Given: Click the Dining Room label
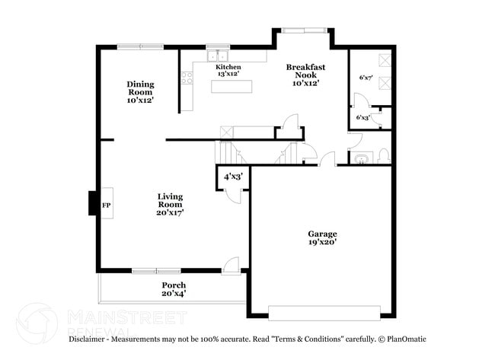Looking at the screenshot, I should click(x=141, y=91).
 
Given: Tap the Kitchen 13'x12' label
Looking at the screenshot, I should click(x=228, y=71).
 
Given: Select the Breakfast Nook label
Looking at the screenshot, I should click(x=306, y=75).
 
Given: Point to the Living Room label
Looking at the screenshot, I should click(x=171, y=205).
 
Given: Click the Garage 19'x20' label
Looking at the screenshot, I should click(x=322, y=237).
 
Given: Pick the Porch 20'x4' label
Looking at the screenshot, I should click(x=174, y=289).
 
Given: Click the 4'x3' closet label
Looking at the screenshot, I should click(x=232, y=177).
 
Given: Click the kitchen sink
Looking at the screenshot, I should click(x=219, y=55).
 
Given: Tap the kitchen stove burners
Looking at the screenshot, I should click(x=187, y=78).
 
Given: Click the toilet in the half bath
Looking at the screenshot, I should click(x=383, y=157).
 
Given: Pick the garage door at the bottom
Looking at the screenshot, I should click(x=324, y=312).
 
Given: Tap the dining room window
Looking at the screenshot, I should click(x=140, y=47).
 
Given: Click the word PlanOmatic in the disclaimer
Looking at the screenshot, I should click(x=404, y=339).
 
